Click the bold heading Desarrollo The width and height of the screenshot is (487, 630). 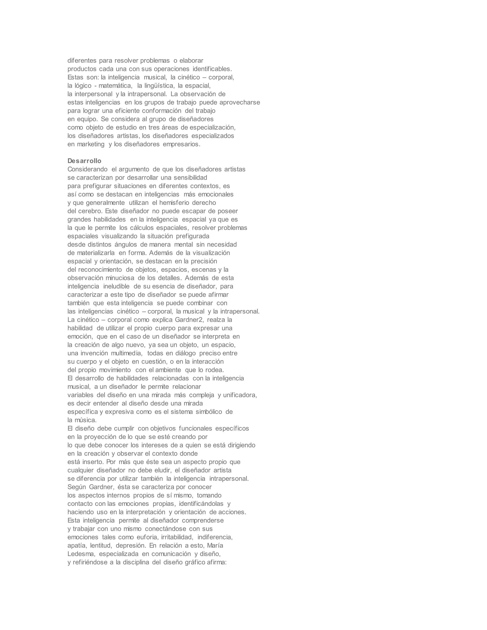[x=84, y=161]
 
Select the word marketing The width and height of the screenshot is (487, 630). [x=91, y=144]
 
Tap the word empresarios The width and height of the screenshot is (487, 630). [x=181, y=144]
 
